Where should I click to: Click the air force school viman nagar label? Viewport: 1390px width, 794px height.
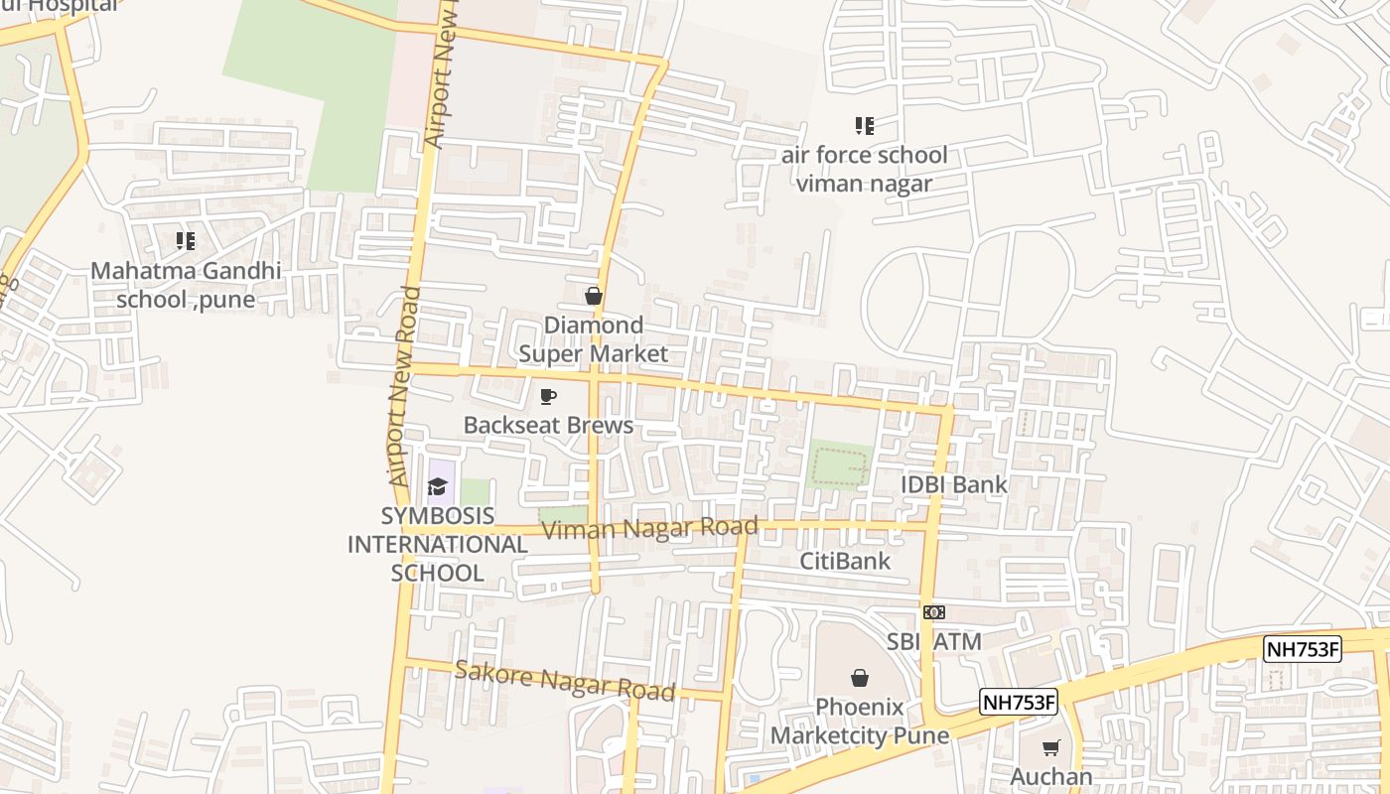[864, 169]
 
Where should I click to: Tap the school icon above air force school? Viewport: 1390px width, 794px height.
[864, 126]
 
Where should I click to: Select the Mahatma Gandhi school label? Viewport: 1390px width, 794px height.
[186, 285]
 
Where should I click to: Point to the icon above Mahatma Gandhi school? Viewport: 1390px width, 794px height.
[186, 240]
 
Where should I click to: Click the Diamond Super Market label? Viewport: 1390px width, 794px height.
[593, 339]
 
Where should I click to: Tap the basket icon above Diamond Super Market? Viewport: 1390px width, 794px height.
[593, 296]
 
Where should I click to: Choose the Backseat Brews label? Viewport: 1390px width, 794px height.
[548, 426]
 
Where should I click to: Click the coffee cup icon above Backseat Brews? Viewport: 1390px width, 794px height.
[547, 397]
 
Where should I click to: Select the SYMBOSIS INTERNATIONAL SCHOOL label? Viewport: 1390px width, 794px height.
[437, 544]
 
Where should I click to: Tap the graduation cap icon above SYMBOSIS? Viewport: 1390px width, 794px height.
[437, 486]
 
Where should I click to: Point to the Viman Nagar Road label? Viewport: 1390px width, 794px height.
[650, 528]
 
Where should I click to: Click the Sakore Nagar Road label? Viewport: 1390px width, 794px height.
[565, 681]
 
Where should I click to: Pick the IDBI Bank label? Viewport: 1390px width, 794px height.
[953, 484]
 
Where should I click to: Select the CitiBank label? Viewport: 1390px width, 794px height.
[845, 561]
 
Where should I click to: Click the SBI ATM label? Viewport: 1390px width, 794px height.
[933, 641]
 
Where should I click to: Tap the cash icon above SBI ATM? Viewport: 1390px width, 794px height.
[933, 612]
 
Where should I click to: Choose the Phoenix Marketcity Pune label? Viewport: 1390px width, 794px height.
[860, 722]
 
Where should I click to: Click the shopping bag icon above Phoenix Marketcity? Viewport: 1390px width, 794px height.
[860, 678]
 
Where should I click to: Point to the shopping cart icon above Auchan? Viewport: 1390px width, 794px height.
[1051, 747]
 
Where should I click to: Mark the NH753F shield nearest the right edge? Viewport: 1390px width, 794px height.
[1302, 650]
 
